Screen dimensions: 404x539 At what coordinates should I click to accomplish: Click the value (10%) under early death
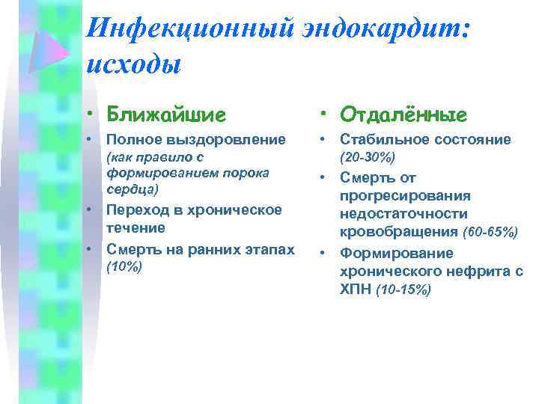[x=124, y=266]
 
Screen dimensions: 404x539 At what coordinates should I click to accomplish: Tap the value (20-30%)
[x=368, y=158]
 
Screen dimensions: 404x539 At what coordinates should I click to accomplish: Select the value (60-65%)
[x=490, y=233]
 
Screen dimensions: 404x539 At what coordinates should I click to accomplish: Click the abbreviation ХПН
[x=356, y=290]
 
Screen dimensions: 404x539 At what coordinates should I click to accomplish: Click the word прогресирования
[x=405, y=196]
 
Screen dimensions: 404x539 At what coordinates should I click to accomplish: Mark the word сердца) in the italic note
[x=132, y=191]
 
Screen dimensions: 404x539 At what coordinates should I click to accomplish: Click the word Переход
[x=135, y=209]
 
